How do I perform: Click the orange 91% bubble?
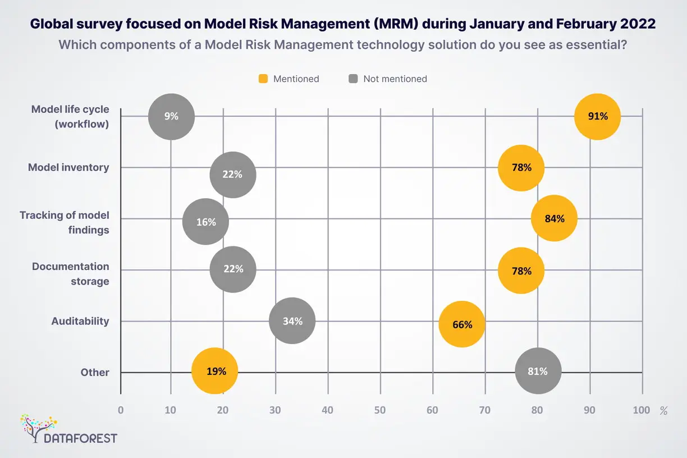598,117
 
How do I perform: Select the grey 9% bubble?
171,117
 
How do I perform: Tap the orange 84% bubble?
554,219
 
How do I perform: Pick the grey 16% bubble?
206,222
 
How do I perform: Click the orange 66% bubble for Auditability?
462,324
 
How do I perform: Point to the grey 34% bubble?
292,322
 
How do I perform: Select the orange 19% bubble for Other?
215,371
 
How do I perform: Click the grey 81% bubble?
538,371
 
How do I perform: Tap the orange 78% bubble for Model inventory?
521,168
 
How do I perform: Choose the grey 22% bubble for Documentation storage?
233,269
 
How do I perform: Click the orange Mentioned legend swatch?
263,79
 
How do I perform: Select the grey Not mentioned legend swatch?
353,79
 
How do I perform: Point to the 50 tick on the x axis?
380,410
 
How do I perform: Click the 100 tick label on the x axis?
642,410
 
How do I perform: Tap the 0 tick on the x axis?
121,410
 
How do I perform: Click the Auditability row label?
80,322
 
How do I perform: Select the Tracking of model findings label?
65,222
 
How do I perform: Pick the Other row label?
95,373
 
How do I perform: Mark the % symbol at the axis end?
663,411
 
